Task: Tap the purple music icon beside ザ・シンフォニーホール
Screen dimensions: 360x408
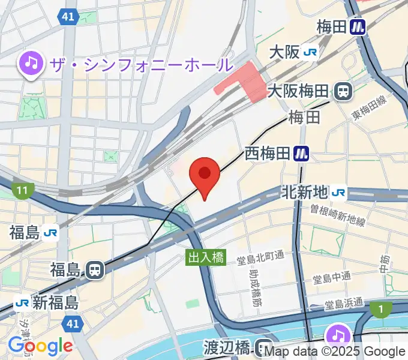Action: coord(31,63)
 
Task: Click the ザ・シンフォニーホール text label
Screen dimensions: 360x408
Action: coord(142,64)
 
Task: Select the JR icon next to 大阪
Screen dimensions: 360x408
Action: coord(311,53)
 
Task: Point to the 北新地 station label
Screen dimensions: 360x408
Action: coord(305,192)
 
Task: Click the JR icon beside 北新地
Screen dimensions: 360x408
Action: coord(338,192)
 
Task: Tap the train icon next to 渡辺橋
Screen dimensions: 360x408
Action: coord(262,347)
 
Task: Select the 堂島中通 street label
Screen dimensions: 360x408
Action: coord(329,280)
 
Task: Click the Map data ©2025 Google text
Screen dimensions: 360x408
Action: coord(334,352)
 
